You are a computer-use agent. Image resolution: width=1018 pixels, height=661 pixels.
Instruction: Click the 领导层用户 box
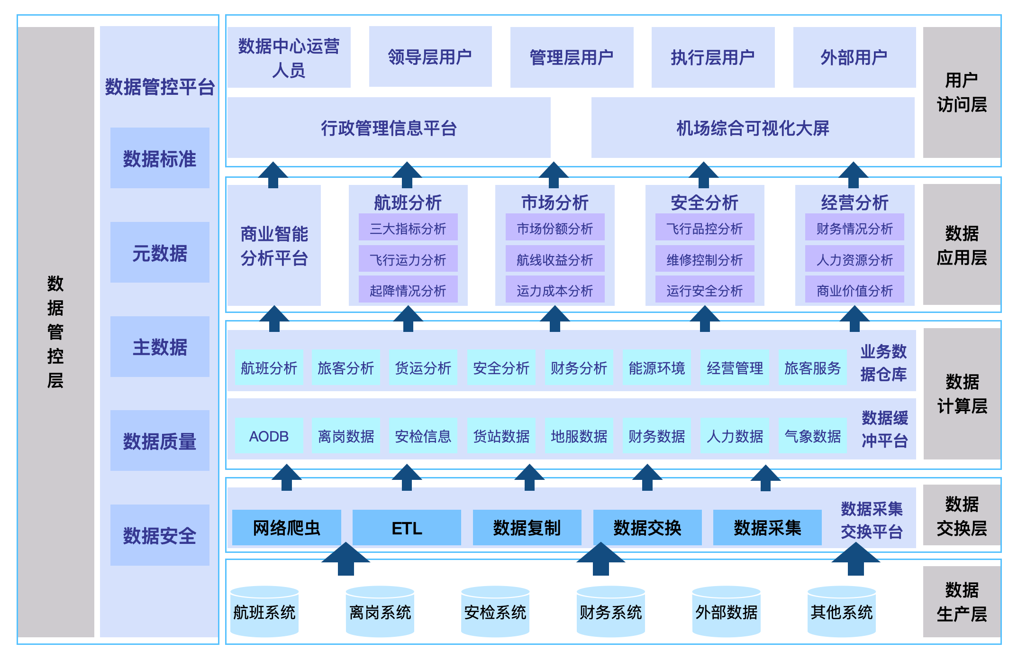(x=430, y=57)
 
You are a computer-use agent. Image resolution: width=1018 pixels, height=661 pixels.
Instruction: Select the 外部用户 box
(x=854, y=57)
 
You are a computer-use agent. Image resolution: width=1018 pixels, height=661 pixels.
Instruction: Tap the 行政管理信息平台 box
(x=389, y=128)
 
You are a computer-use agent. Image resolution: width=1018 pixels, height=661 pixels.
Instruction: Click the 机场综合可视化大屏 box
(x=753, y=128)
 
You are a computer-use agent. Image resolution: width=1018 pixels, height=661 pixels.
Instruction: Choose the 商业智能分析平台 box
(x=274, y=246)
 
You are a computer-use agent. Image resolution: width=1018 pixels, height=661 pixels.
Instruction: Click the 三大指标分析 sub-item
(x=408, y=229)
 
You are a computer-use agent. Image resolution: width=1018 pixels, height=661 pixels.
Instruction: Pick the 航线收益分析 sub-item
(x=554, y=259)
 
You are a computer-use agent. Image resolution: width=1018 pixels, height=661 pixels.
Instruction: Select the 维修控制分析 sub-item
(x=704, y=259)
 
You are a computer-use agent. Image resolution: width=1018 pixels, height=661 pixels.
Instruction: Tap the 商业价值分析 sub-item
(x=854, y=290)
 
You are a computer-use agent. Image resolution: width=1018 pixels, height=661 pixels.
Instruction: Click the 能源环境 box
(x=657, y=368)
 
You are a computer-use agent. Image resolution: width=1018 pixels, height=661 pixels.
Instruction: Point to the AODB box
(x=269, y=436)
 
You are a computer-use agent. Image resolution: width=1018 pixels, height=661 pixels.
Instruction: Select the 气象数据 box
(x=812, y=436)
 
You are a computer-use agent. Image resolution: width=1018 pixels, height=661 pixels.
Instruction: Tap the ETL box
(x=407, y=528)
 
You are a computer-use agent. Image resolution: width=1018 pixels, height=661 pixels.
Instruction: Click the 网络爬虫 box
(x=286, y=528)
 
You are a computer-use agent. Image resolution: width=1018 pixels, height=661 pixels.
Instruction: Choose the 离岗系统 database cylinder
(x=380, y=612)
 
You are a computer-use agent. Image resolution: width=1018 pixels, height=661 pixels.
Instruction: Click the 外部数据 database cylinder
(x=726, y=612)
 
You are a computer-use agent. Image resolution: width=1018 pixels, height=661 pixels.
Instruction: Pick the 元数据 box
(x=160, y=253)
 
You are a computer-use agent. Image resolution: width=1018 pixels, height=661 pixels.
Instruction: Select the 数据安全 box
(x=160, y=535)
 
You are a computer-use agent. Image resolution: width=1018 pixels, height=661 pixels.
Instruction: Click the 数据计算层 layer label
(x=962, y=394)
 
